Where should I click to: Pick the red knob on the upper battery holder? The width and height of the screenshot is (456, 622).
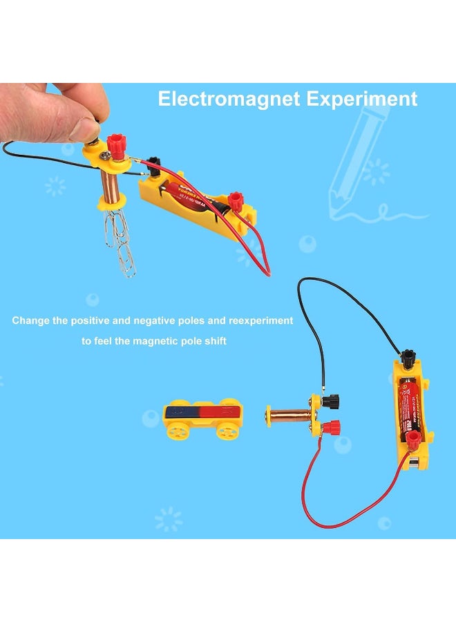[237, 201]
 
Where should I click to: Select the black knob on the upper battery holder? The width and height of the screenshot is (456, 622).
[154, 163]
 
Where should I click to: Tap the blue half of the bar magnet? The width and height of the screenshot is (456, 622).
[181, 413]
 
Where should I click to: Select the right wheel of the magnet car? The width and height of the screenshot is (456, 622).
[226, 431]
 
